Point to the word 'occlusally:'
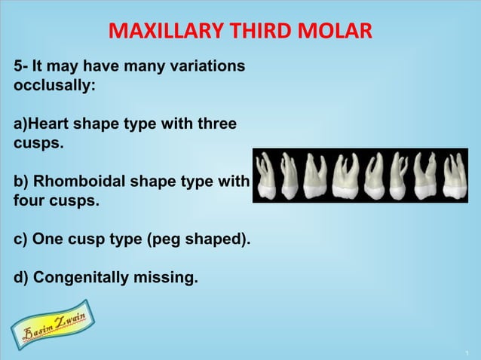click(54, 86)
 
